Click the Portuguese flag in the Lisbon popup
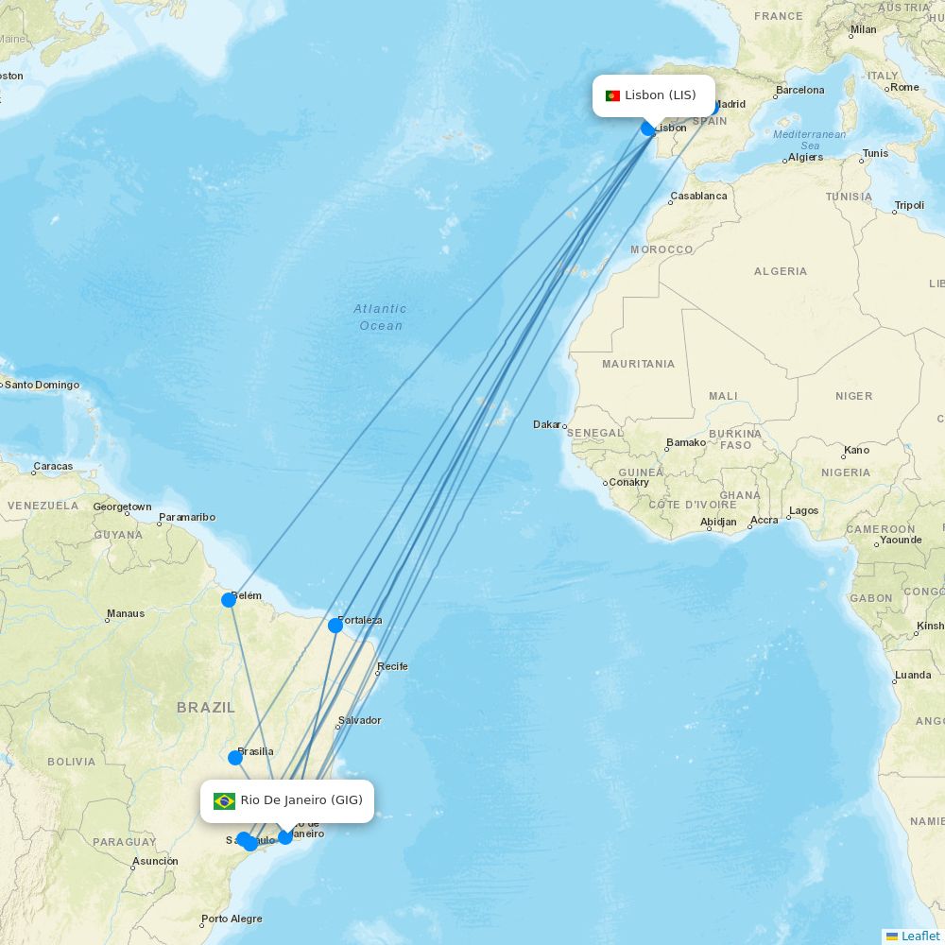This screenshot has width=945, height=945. coord(612,95)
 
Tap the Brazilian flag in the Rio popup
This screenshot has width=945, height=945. coord(224,800)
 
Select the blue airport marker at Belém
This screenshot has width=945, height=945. coord(229,600)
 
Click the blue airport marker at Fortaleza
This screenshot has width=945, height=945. coord(335,626)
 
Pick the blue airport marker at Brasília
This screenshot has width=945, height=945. coord(235,757)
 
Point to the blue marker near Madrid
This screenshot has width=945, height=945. coord(713,109)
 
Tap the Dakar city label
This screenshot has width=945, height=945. coord(547,424)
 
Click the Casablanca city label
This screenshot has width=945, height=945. coord(698,197)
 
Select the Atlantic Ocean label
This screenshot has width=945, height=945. coord(380,317)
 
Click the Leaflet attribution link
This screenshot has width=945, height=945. coord(919,936)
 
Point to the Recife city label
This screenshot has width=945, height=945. coord(392,666)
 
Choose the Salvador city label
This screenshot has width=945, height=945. coord(359,720)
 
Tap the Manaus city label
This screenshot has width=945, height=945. coord(126,613)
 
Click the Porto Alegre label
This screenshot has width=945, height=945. coord(232,919)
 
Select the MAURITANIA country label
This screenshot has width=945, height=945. coord(639,364)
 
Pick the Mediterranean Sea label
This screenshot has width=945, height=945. coord(810,140)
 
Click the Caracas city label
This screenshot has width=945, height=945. coord(53,466)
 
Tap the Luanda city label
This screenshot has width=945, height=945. coord(913,675)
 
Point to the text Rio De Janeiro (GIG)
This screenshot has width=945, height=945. coord(301,800)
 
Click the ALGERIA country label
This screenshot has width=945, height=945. coord(781,271)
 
